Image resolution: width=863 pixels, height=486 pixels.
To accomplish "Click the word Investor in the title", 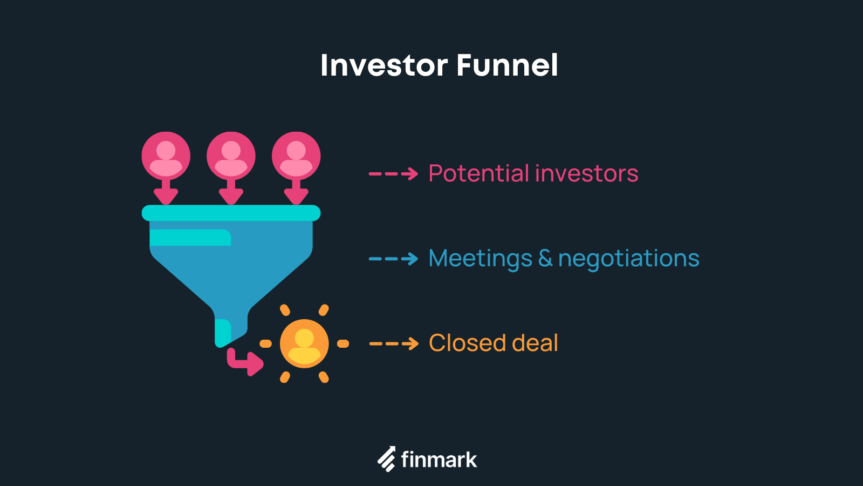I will point(383,65).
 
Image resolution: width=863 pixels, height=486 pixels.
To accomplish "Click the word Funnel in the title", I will point(507,65).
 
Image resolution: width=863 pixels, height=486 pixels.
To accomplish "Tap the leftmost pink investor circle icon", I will point(166,156).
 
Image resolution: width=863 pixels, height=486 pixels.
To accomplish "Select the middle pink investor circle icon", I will point(231,156).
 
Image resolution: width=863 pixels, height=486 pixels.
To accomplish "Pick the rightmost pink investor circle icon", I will point(296,156).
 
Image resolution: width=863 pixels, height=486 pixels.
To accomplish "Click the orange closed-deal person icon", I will point(304,343).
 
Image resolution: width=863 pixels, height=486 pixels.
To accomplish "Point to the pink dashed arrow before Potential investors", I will point(393,174).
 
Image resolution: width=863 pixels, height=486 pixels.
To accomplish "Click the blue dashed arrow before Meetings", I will point(393,259).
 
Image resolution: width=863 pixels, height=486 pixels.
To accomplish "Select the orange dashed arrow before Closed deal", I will point(393,343).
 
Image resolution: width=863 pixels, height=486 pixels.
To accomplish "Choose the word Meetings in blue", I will point(480,259).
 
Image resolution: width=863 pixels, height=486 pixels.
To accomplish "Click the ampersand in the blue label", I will point(545,258).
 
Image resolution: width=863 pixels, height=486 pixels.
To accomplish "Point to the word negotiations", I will point(628,259).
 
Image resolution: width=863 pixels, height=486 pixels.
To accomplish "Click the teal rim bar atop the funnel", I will point(231,213).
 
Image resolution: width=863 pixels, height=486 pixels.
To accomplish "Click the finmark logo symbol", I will point(386,460).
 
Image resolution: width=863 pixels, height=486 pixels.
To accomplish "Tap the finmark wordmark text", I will point(439,460).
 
